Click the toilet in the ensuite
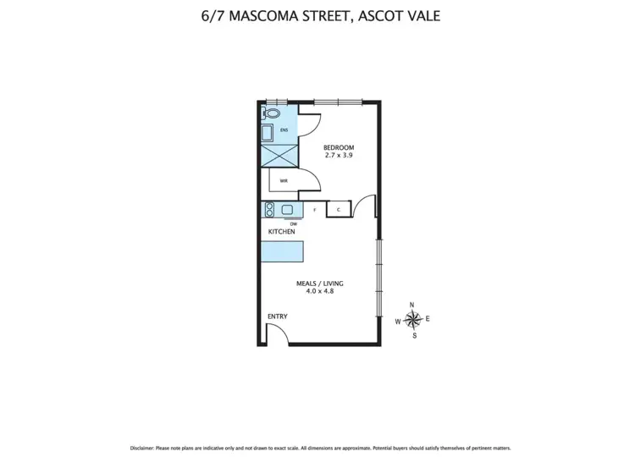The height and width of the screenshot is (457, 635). point(273,113)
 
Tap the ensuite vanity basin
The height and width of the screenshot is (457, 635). point(267,133)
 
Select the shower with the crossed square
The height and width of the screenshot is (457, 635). point(279,156)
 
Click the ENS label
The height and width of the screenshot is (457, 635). point(284,129)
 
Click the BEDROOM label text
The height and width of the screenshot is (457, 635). point(339,147)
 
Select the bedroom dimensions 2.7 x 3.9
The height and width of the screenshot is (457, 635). point(339,156)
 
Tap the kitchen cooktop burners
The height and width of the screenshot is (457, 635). point(269,209)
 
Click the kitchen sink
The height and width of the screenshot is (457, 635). point(287,209)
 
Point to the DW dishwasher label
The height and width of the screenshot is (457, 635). point(294,223)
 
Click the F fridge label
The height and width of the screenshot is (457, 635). point(315,209)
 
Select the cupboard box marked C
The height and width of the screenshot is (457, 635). point(339,209)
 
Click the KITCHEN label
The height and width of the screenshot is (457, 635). point(281,231)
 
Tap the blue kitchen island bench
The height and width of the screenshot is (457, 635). point(282,252)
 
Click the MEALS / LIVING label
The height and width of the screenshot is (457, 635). point(319,284)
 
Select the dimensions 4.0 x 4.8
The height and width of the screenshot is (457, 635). point(319,292)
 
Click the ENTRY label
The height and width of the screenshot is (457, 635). point(277,317)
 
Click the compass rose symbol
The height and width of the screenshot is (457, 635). point(412,319)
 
